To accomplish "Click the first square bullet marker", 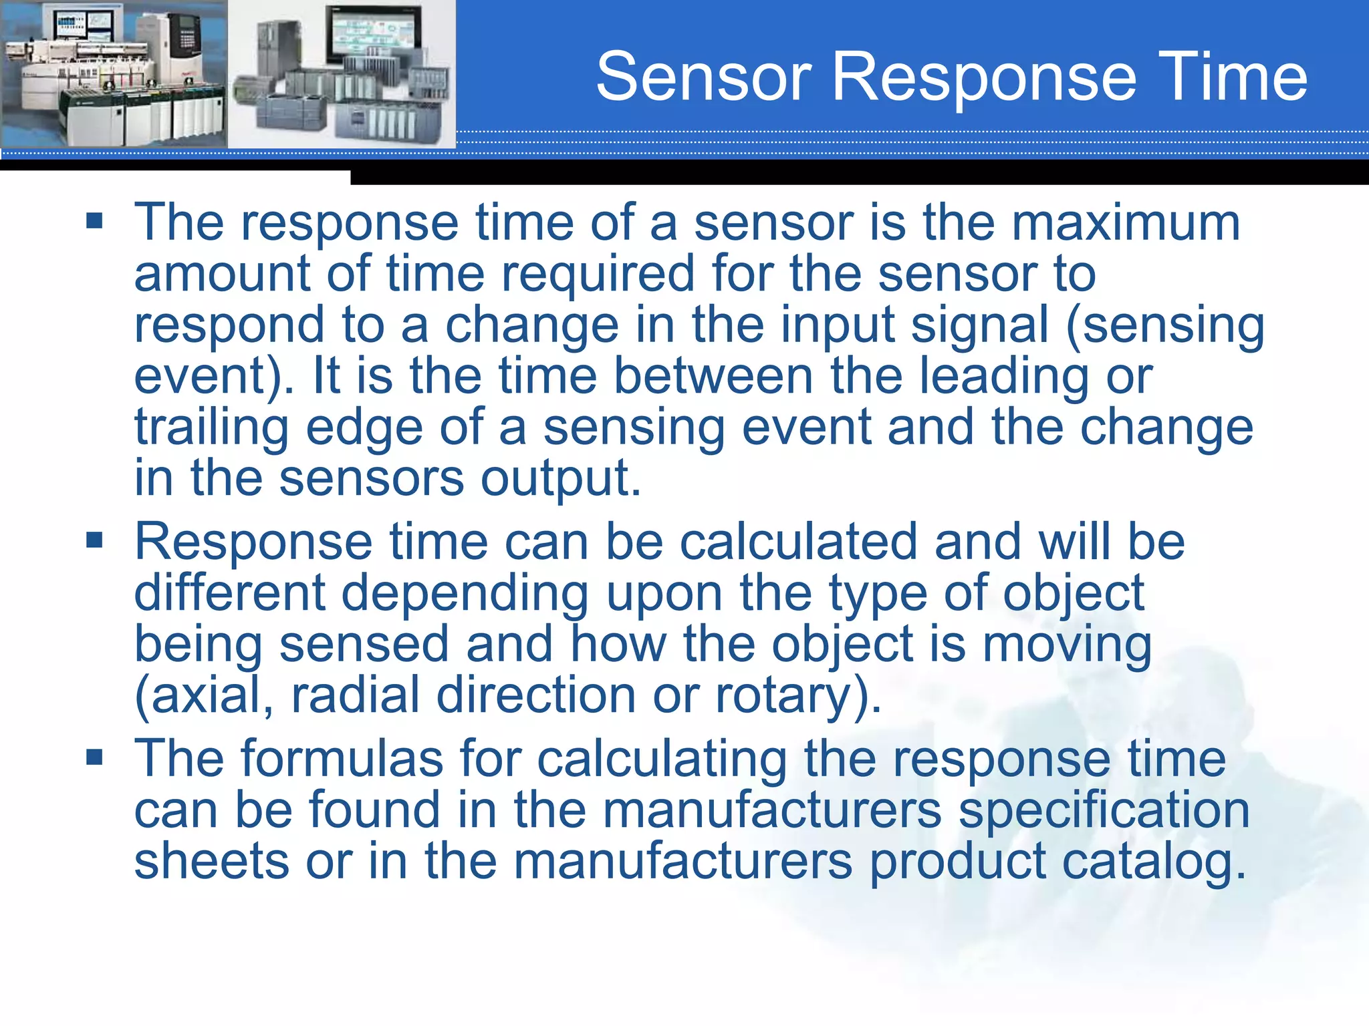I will click(x=94, y=220).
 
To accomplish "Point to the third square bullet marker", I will click(x=94, y=757).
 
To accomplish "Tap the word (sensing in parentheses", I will click(x=1165, y=326).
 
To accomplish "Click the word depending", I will click(x=465, y=594).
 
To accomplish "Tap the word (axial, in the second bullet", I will click(x=204, y=696).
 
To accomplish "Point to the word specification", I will click(x=1104, y=811).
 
